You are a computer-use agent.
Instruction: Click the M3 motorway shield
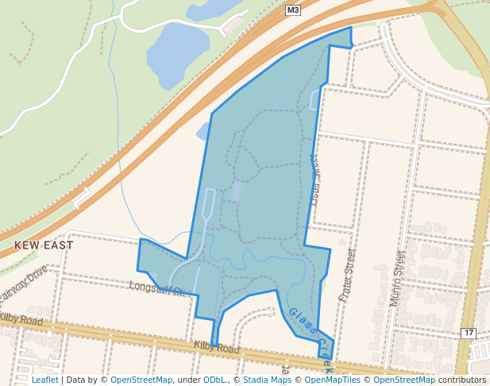coord(293,10)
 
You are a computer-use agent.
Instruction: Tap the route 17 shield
coord(468,333)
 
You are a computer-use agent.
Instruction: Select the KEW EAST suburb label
coord(44,245)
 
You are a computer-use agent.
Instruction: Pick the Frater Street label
coord(347,273)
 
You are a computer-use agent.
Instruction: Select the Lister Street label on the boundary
coord(312,179)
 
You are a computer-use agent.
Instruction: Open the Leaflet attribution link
coord(44,380)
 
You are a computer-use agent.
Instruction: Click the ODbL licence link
coord(214,380)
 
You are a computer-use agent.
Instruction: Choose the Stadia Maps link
coord(267,380)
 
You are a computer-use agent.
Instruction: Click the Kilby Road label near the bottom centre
coord(216,348)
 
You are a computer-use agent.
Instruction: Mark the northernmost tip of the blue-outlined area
coord(349,28)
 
